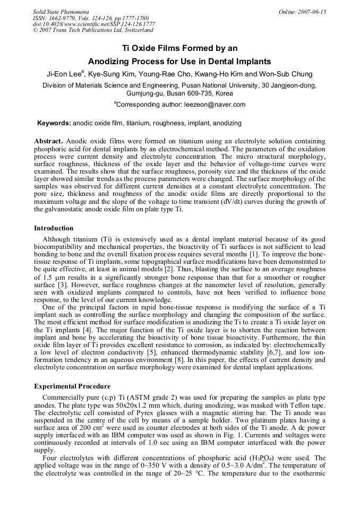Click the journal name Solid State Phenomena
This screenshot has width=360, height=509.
pos(60,12)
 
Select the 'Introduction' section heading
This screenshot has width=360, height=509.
pos(54,228)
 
